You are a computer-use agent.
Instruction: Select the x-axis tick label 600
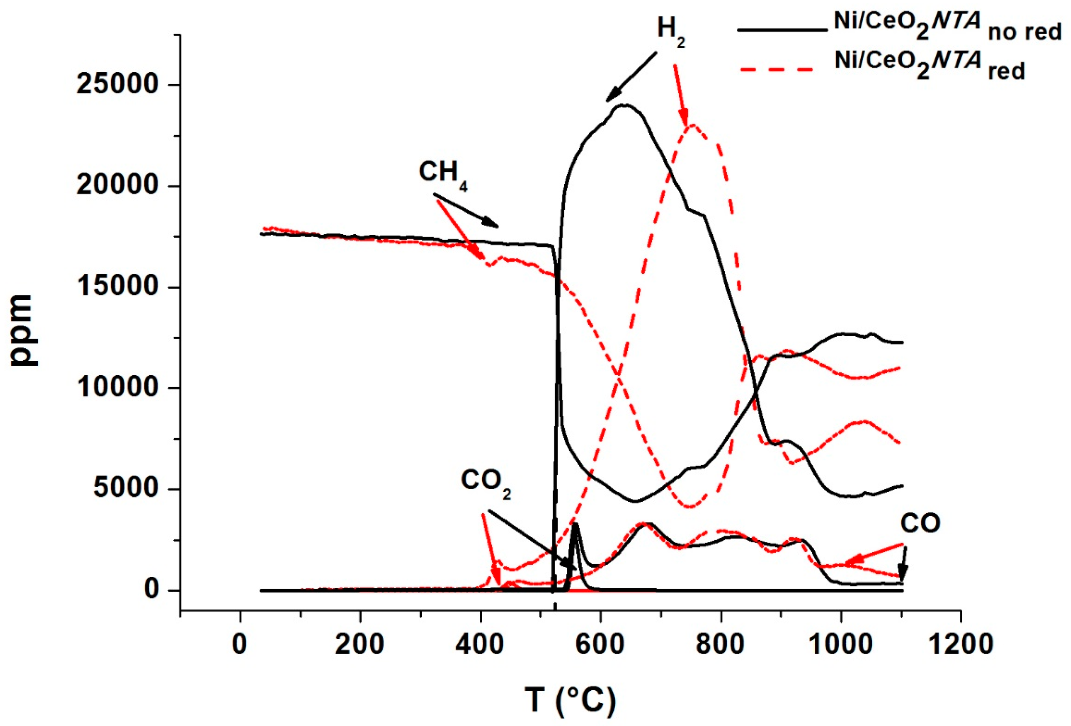[x=601, y=644]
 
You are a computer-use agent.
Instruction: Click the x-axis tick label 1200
[x=960, y=644]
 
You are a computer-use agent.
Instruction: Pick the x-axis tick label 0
[x=240, y=644]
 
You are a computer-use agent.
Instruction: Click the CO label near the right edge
[x=920, y=524]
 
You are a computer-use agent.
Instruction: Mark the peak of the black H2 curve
[x=623, y=105]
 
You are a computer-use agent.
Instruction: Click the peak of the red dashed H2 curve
[x=692, y=125]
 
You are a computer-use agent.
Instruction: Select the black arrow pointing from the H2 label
[x=631, y=77]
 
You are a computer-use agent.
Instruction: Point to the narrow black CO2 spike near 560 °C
[x=575, y=525]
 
